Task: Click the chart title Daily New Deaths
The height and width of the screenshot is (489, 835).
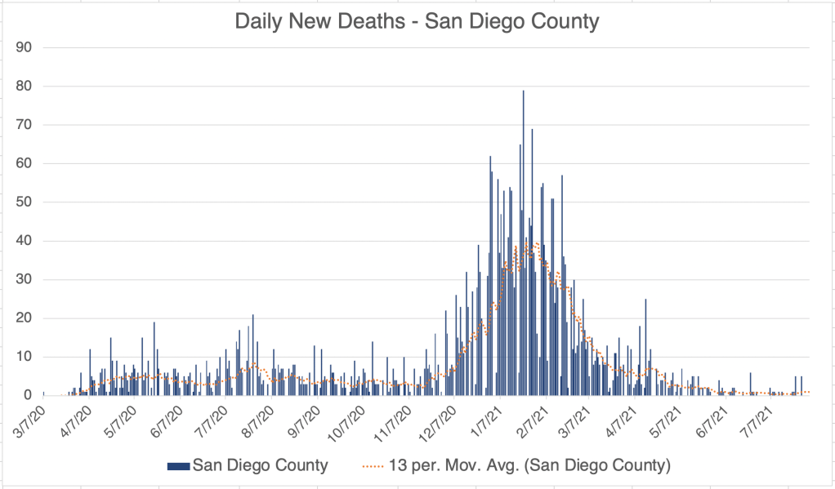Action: (x=417, y=21)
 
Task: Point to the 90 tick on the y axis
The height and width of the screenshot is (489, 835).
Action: (x=24, y=47)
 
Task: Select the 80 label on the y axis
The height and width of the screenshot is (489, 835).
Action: (x=24, y=86)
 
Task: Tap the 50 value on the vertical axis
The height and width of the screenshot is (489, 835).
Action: (x=24, y=202)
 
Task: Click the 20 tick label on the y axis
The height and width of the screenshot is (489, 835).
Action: (x=24, y=318)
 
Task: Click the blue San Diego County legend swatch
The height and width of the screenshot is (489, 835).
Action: (x=177, y=466)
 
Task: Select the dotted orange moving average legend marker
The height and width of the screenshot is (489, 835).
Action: (x=372, y=466)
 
